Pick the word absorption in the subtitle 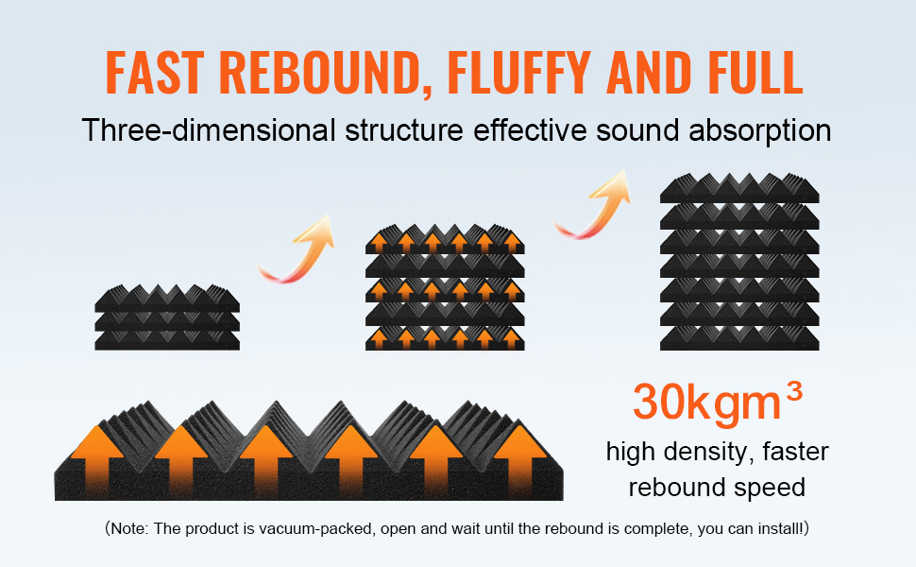(x=762, y=129)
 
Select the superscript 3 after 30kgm (x=793, y=389)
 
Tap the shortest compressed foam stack (x=167, y=315)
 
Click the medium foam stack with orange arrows (x=445, y=288)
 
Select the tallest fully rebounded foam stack (x=738, y=262)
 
